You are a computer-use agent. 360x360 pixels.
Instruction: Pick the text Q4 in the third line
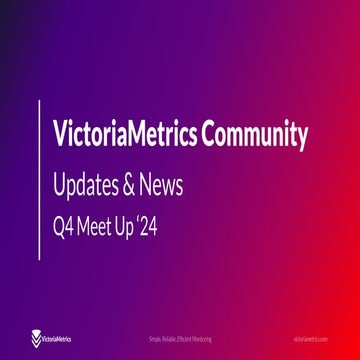tap(63, 227)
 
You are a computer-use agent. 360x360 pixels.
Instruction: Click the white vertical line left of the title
tap(40, 179)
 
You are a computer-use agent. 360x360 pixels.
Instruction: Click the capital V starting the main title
tap(61, 135)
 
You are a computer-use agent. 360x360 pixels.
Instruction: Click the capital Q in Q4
tap(58, 227)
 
